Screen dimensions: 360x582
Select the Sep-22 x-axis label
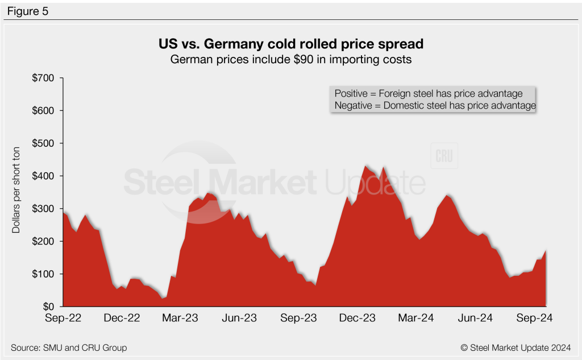tap(63, 318)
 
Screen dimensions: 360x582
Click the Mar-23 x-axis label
tap(180, 318)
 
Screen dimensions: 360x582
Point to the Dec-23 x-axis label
tap(357, 318)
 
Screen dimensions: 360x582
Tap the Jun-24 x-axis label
tap(475, 318)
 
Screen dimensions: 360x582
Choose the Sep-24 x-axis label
tap(535, 318)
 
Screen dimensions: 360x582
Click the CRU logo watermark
tap(444, 156)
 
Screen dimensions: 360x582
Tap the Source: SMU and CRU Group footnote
tap(69, 347)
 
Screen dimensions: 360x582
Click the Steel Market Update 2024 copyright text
tap(515, 347)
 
